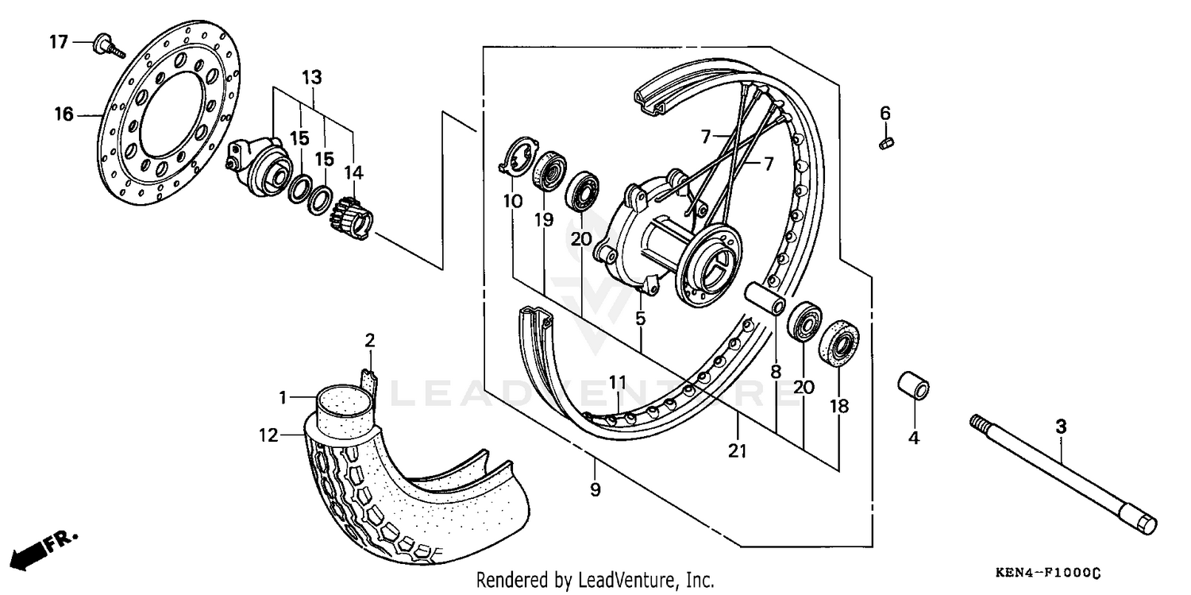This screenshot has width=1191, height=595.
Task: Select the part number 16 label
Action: pyautogui.click(x=64, y=115)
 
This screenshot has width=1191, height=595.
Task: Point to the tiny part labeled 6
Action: pyautogui.click(x=886, y=142)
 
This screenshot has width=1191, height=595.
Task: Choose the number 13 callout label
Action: pyautogui.click(x=312, y=78)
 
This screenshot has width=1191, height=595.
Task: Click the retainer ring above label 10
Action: pyautogui.click(x=511, y=155)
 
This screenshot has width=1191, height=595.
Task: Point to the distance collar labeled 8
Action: pyautogui.click(x=765, y=299)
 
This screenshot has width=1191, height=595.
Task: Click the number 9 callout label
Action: pyautogui.click(x=595, y=491)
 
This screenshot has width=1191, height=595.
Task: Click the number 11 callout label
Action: pyautogui.click(x=619, y=383)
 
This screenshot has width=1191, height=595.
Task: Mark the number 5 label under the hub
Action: pyautogui.click(x=640, y=319)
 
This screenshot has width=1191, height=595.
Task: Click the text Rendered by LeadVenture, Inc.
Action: pyautogui.click(x=595, y=580)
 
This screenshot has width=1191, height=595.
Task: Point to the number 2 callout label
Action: pyautogui.click(x=369, y=341)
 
